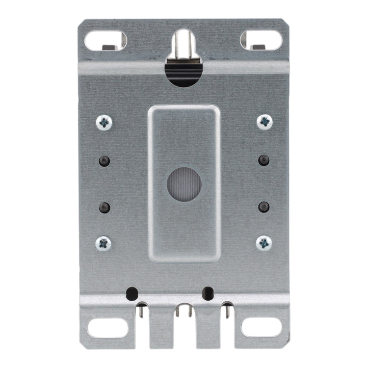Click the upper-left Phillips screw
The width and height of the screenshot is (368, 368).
[104, 122]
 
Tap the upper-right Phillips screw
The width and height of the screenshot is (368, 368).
[264, 121]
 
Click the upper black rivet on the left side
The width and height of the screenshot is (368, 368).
[104, 160]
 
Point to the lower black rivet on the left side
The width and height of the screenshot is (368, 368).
[104, 206]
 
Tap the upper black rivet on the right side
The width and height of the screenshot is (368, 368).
[264, 160]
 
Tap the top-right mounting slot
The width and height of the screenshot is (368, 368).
[262, 40]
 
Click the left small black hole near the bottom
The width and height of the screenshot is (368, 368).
[132, 293]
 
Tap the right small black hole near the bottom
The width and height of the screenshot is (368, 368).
[209, 293]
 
